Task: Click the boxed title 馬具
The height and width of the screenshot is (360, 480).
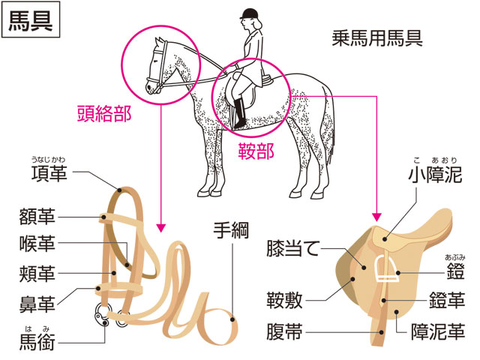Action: [31, 20]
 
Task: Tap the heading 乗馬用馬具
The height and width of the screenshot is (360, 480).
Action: [377, 38]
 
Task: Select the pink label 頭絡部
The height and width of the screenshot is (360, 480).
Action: [104, 113]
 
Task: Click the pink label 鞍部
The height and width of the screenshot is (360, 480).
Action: [256, 151]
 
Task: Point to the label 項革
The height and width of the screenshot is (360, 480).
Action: [49, 173]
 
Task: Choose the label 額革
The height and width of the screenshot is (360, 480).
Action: [37, 217]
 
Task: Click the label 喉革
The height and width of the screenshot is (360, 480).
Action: [37, 244]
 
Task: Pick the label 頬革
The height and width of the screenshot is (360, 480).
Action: [37, 273]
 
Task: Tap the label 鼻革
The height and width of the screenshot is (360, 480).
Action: [37, 304]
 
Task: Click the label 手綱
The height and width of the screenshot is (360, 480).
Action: [231, 230]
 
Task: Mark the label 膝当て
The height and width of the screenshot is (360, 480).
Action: [293, 248]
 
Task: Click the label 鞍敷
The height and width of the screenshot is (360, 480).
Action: [284, 300]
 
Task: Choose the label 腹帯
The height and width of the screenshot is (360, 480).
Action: [284, 331]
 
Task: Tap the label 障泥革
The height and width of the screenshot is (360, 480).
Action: [438, 331]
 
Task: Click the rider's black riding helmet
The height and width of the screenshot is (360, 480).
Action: [249, 13]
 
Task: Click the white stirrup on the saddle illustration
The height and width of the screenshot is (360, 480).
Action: [385, 268]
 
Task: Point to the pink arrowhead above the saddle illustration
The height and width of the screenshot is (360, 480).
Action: [376, 217]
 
